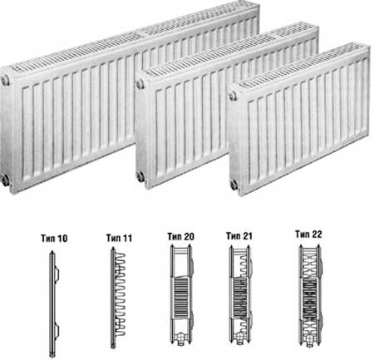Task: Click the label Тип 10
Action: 54,239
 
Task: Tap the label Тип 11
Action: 119,238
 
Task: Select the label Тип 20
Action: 180,237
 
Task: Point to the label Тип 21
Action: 239,236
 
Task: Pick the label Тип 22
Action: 308,234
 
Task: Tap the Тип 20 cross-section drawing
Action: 181,295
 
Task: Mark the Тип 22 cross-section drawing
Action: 310,295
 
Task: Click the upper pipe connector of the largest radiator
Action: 5,81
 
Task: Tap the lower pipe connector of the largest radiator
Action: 5,180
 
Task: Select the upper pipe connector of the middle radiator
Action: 140,84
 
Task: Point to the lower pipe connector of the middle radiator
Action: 140,176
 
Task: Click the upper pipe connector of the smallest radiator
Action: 233,96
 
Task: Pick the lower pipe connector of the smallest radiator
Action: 234,185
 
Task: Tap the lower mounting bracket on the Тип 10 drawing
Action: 57,332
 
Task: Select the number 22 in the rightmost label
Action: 316,234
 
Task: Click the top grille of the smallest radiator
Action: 303,66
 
